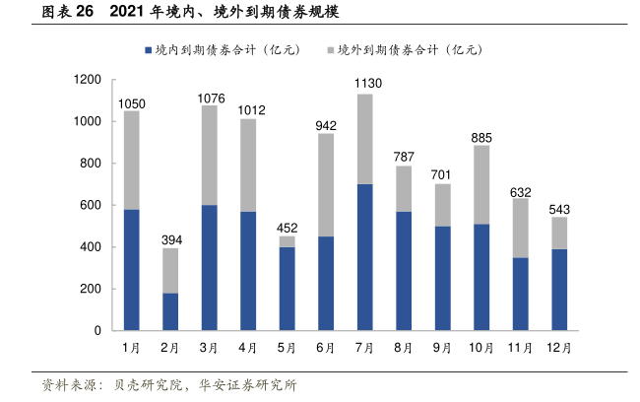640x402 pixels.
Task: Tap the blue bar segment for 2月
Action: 170,311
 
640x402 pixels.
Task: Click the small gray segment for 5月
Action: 287,241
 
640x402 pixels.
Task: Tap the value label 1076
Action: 209,97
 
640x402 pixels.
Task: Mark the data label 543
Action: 558,208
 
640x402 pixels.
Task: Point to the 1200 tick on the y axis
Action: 88,79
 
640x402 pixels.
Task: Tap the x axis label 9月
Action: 442,348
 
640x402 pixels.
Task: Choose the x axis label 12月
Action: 558,348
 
